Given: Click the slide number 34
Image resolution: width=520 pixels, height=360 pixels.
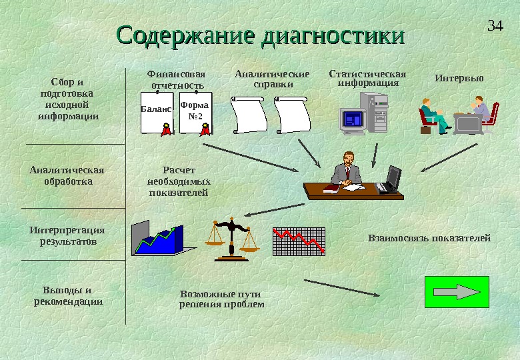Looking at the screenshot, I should click(495, 26).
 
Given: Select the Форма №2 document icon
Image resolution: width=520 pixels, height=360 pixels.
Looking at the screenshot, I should click(195, 113).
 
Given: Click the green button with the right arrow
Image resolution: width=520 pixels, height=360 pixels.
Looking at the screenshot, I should click(457, 292).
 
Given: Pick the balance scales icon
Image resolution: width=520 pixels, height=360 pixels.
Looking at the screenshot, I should click(231, 238).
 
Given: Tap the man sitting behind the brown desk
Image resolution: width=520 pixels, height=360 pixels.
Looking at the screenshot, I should click(347, 170).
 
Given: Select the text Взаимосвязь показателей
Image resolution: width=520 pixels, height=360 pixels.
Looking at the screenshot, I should click(429, 238).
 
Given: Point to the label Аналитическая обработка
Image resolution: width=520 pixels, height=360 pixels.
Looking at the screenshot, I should click(67, 175).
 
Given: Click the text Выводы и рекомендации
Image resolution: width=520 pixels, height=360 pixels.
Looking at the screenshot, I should click(68, 295).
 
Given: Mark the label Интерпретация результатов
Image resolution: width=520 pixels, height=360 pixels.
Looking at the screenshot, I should click(67, 235).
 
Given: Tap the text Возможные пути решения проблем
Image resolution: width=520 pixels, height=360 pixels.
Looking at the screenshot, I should click(221, 299).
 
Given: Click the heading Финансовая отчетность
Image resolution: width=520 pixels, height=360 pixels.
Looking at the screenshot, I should click(177, 79).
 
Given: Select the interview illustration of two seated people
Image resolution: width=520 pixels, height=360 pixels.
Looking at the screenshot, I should click(458, 115).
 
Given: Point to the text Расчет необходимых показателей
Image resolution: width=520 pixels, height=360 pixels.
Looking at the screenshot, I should click(178, 181).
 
